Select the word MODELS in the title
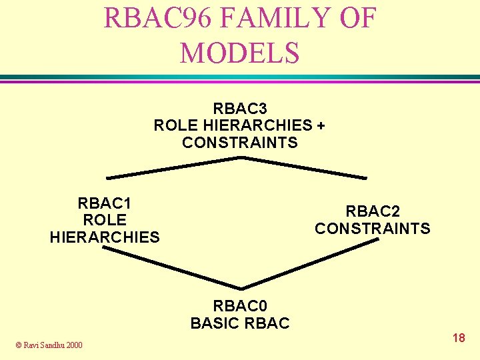(x=239, y=53)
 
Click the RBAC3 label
(x=240, y=108)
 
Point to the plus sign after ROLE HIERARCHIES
(x=321, y=125)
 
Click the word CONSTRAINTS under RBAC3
(x=240, y=143)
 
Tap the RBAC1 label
(x=105, y=203)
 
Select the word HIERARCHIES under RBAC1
(x=105, y=237)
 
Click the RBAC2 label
(x=373, y=211)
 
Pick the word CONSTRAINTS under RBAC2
(x=373, y=229)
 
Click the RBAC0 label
(x=240, y=306)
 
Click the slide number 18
(x=459, y=338)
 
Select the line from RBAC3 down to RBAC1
(x=173, y=168)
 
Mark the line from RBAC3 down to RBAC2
(x=303, y=167)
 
